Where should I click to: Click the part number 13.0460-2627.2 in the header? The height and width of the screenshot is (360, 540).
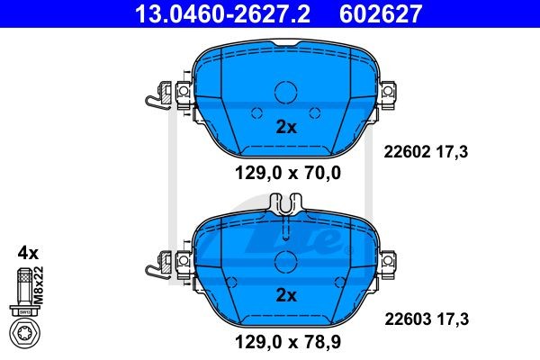(x=222, y=13)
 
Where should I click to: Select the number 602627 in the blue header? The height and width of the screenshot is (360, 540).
(x=381, y=13)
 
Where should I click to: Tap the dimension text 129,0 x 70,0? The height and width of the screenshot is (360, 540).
(x=288, y=173)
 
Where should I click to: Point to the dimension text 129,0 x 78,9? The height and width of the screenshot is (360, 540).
(x=288, y=342)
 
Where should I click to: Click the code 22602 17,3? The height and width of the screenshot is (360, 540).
(x=426, y=151)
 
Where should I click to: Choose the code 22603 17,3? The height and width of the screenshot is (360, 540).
(x=427, y=319)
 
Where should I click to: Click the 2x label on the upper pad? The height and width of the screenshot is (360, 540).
(x=286, y=127)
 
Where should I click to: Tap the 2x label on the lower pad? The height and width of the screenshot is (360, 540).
(x=286, y=295)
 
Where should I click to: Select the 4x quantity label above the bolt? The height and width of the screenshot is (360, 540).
(x=28, y=253)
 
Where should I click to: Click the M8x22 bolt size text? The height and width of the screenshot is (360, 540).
(x=40, y=285)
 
